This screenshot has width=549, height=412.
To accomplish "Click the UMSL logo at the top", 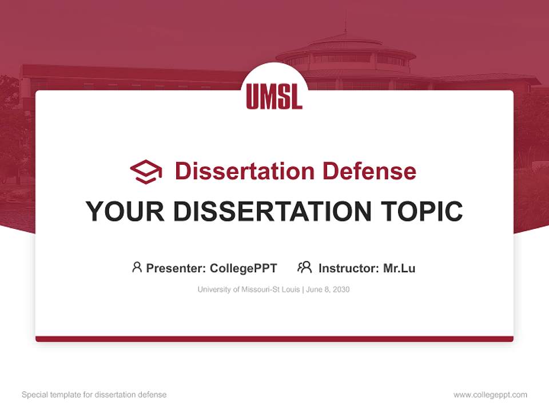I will pyautogui.click(x=274, y=96).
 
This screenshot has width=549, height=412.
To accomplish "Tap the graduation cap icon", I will pyautogui.click(x=146, y=171).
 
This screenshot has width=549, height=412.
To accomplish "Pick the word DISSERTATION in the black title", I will pyautogui.click(x=273, y=211).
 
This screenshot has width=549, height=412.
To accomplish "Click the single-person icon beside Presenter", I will pyautogui.click(x=137, y=267).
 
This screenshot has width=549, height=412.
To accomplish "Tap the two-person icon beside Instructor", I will pyautogui.click(x=304, y=267).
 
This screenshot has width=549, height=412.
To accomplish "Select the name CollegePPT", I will pyautogui.click(x=243, y=268).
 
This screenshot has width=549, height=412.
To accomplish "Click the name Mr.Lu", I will pyautogui.click(x=399, y=268).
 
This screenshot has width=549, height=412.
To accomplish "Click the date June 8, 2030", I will pyautogui.click(x=328, y=290).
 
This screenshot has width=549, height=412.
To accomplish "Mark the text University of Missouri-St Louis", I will pyautogui.click(x=249, y=290).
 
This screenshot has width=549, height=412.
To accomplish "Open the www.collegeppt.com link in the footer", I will pyautogui.click(x=490, y=395).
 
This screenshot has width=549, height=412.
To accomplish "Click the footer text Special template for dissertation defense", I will pyautogui.click(x=94, y=395).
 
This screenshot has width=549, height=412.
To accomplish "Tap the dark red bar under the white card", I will pyautogui.click(x=274, y=339).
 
